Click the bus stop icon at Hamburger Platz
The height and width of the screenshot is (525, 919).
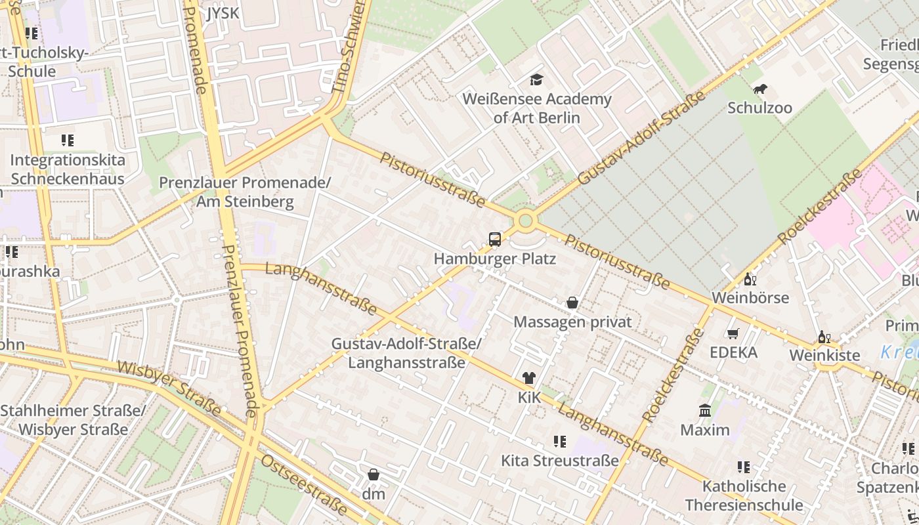[x=495, y=240]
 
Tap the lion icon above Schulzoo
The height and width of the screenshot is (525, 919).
[x=759, y=89]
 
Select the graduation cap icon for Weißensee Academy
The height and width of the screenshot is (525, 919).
[x=537, y=80]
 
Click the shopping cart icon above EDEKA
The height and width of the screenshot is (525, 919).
[x=733, y=334]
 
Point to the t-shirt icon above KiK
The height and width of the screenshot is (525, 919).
[x=528, y=378]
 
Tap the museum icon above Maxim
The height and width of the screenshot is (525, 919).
[x=705, y=411]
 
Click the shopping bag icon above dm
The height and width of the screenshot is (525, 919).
[x=374, y=474]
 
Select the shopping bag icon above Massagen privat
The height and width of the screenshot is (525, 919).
[x=572, y=303]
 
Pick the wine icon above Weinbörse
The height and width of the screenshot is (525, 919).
[x=750, y=279]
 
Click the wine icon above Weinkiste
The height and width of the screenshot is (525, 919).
[x=824, y=337]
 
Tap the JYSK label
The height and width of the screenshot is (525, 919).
[x=223, y=13]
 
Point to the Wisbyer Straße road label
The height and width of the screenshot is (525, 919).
[x=169, y=387]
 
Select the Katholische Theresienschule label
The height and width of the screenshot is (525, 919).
[x=744, y=495]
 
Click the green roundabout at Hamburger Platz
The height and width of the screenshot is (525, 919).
[x=525, y=220]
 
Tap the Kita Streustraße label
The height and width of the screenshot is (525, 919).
[x=559, y=460]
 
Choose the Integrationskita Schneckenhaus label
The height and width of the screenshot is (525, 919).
[x=68, y=169]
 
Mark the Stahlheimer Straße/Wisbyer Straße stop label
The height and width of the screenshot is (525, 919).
[x=73, y=420]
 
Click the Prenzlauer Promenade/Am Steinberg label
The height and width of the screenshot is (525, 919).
[x=245, y=192]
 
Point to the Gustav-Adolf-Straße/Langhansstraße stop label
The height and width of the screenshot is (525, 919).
[x=406, y=353]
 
